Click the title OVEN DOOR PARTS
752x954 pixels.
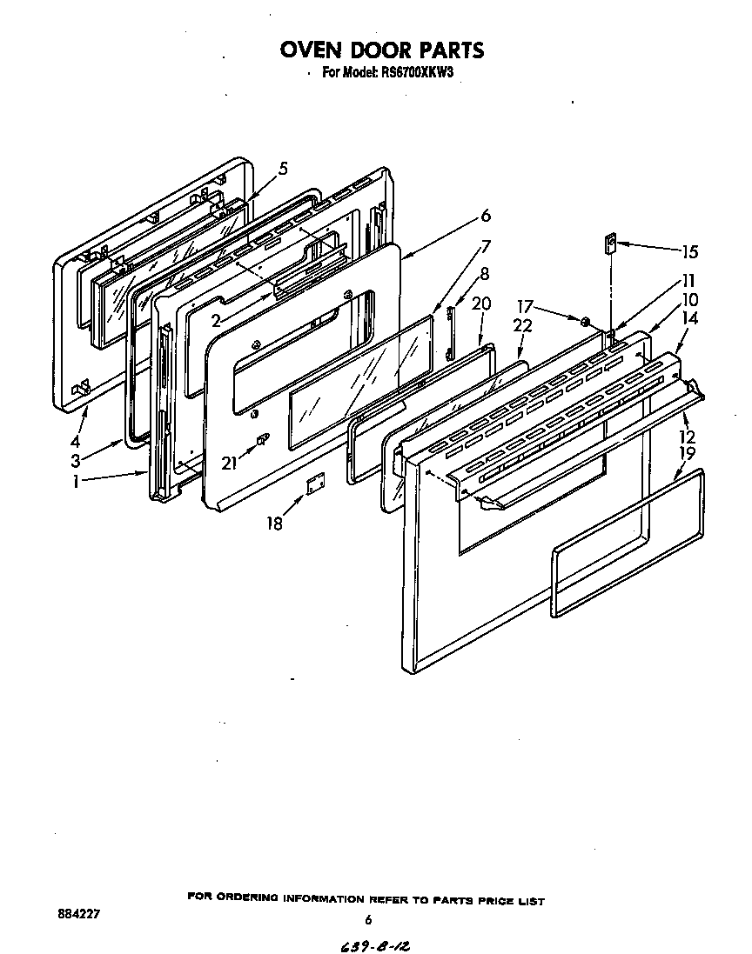381,50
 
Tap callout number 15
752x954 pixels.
689,252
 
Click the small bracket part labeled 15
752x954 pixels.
611,243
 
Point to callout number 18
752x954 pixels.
275,524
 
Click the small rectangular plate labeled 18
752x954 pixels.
314,484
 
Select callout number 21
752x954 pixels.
229,464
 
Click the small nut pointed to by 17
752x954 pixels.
587,323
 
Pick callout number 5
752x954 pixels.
283,169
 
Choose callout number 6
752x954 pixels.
486,216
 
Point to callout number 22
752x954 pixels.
522,324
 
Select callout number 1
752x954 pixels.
77,480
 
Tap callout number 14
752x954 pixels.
689,318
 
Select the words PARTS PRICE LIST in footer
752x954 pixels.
491,900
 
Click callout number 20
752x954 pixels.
481,303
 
